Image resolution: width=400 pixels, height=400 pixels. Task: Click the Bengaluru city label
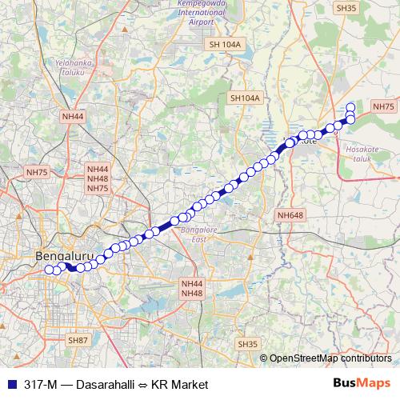66,256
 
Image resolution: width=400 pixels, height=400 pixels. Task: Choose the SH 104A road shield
223,45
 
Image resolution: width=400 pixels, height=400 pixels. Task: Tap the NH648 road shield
290,215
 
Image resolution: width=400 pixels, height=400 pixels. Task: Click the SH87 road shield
78,340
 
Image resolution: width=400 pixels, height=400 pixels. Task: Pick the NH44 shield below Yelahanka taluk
72,116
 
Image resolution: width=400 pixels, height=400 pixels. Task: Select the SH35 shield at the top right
346,8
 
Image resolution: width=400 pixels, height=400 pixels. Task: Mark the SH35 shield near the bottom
248,343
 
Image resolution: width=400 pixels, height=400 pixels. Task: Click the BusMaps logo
362,384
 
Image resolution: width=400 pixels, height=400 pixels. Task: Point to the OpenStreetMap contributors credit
330,358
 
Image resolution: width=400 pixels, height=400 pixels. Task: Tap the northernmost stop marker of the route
350,107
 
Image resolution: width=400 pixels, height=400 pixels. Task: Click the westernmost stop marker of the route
49,270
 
